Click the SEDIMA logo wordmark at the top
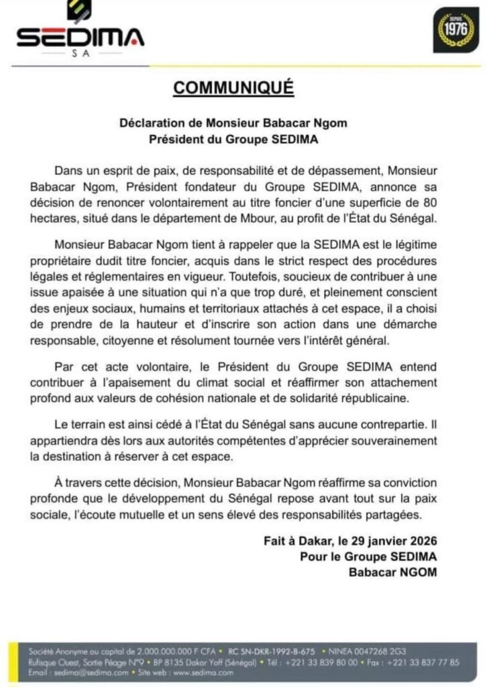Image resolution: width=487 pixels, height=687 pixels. point(80,38)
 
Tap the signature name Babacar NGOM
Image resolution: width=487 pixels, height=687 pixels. point(392,572)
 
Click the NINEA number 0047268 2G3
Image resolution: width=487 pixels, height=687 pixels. point(369,651)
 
